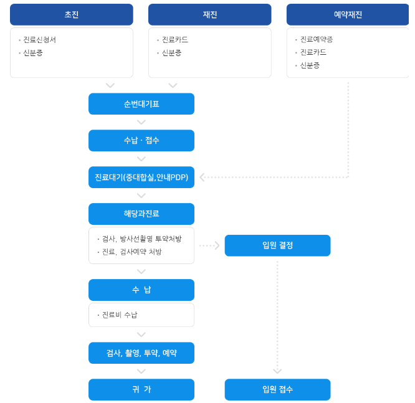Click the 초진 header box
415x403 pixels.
[x=71, y=14]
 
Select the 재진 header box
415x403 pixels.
[x=209, y=14]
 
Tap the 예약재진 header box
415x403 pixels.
[x=348, y=14]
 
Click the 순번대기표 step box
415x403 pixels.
[x=141, y=104]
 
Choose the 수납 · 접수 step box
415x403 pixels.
[x=141, y=141]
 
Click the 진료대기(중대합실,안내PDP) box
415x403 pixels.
[x=141, y=178]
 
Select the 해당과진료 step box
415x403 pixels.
[x=141, y=214]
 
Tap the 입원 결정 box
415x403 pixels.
[x=277, y=245]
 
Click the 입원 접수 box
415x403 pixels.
[x=277, y=390]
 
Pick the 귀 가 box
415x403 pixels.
[x=141, y=390]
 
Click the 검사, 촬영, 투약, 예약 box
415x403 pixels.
[x=141, y=353]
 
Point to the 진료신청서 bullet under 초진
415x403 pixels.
[x=39, y=40]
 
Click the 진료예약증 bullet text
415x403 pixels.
[x=316, y=40]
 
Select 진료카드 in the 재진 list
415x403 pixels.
[x=174, y=40]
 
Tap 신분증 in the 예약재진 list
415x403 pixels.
[x=310, y=65]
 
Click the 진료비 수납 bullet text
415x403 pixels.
[x=120, y=315]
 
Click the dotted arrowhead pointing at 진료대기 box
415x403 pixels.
[x=203, y=178]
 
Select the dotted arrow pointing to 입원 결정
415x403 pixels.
[x=216, y=245]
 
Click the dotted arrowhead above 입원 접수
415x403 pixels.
[x=277, y=372]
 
